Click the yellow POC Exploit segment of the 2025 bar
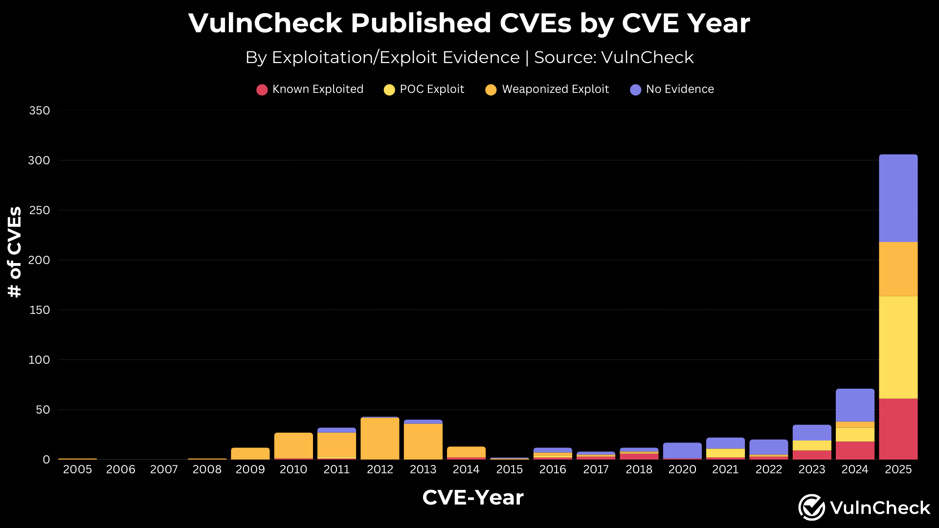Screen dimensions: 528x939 [x=898, y=347]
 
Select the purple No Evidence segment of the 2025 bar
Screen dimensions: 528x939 [x=898, y=198]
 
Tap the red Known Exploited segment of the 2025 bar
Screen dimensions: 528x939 [x=898, y=429]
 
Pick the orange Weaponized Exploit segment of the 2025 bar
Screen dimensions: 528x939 [x=898, y=269]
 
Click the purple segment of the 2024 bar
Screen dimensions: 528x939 [x=855, y=405]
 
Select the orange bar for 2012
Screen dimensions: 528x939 [x=380, y=439]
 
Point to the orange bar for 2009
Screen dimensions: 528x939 [x=250, y=454]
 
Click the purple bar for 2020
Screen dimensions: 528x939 [x=682, y=450]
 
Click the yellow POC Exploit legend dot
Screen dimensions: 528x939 [x=389, y=90]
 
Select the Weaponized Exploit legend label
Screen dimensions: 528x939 [x=555, y=89]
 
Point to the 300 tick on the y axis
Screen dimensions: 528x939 [x=39, y=160]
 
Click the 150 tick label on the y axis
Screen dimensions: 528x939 [x=39, y=310]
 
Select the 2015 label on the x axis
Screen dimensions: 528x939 [x=510, y=469]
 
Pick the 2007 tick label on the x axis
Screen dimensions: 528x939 [x=164, y=469]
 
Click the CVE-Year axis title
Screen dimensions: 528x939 [x=472, y=498]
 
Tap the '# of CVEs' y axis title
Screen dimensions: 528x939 [x=15, y=252]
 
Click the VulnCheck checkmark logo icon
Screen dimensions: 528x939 [x=812, y=507]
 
